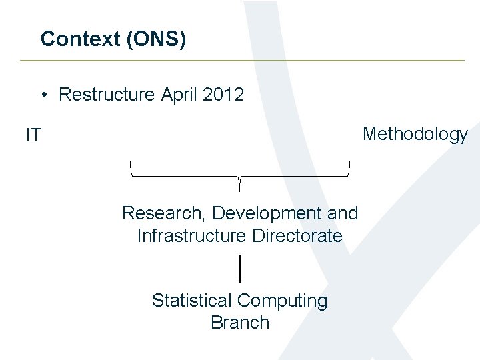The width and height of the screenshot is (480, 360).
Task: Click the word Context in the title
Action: pyautogui.click(x=80, y=39)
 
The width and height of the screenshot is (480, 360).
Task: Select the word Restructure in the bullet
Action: pyautogui.click(x=107, y=95)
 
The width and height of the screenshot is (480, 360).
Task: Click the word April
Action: pyautogui.click(x=179, y=95)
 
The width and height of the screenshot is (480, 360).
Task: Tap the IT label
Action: pyautogui.click(x=33, y=136)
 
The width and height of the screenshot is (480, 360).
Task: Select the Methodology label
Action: pyautogui.click(x=415, y=135)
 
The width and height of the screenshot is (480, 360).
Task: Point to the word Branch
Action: pyautogui.click(x=240, y=323)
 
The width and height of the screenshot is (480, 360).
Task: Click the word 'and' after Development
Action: pyautogui.click(x=343, y=213)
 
